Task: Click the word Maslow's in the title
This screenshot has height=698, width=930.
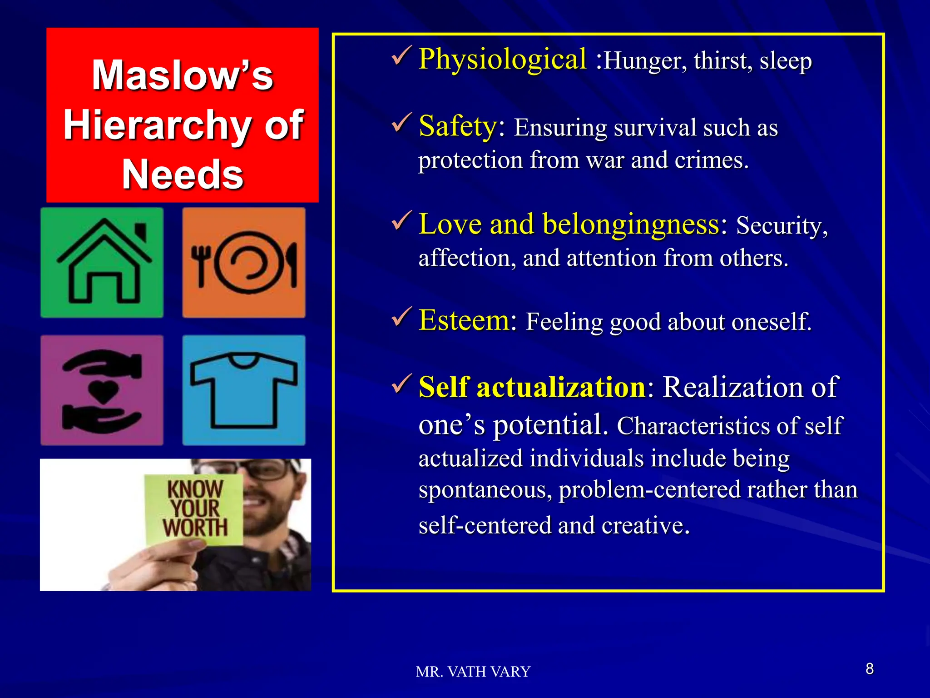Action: click(183, 75)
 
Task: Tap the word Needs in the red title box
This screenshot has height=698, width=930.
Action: click(183, 174)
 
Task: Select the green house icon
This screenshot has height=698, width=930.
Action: click(102, 263)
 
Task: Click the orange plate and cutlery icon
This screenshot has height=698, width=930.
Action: click(244, 263)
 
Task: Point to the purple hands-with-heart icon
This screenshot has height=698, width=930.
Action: click(102, 390)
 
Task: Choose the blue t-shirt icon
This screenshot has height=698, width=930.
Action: click(244, 390)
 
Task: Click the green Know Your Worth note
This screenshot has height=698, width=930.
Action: click(194, 509)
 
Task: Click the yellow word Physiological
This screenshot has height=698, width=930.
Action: click(502, 60)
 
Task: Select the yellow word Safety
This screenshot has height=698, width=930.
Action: click(458, 126)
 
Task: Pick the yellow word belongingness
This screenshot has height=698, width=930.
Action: click(631, 224)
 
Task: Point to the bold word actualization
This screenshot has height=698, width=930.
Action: click(561, 388)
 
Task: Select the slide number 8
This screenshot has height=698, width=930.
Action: click(870, 669)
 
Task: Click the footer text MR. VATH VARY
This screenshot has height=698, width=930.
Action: click(473, 672)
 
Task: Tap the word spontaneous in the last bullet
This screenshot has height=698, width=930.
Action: click(485, 490)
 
